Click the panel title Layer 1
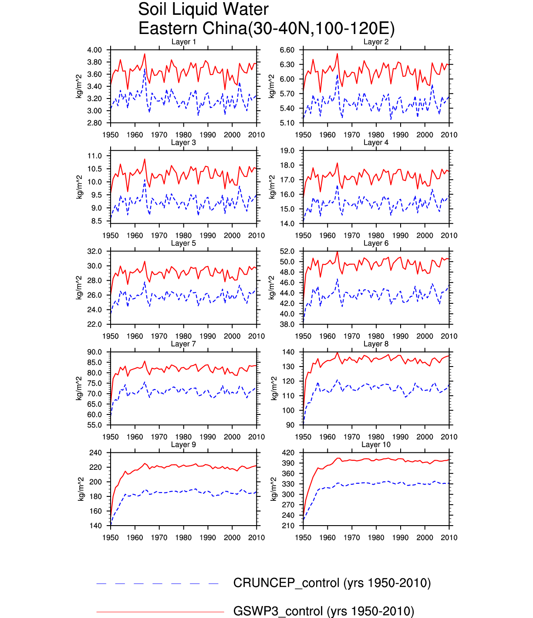pyautogui.click(x=183, y=42)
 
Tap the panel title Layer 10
pyautogui.click(x=376, y=445)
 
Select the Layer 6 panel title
pyautogui.click(x=376, y=243)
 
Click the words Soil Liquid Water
pyautogui.click(x=203, y=9)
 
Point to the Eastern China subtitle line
pyautogui.click(x=266, y=28)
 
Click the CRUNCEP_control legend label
pyautogui.click(x=332, y=583)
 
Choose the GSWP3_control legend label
pyautogui.click(x=324, y=611)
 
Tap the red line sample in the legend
pyautogui.click(x=160, y=612)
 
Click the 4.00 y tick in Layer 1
pyautogui.click(x=94, y=50)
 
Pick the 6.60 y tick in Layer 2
pyautogui.click(x=287, y=50)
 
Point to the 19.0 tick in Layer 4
pyautogui.click(x=287, y=151)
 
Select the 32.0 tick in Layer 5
pyautogui.click(x=94, y=251)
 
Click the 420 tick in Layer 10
pyautogui.click(x=288, y=453)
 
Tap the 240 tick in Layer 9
pyautogui.click(x=96, y=453)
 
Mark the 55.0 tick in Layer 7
pyautogui.click(x=94, y=425)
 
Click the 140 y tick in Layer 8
pyautogui.click(x=288, y=352)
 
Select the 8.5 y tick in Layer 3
pyautogui.click(x=97, y=221)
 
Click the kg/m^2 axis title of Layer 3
pyautogui.click(x=79, y=187)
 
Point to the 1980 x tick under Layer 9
pyautogui.click(x=183, y=538)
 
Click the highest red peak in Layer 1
pyautogui.click(x=145, y=54)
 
